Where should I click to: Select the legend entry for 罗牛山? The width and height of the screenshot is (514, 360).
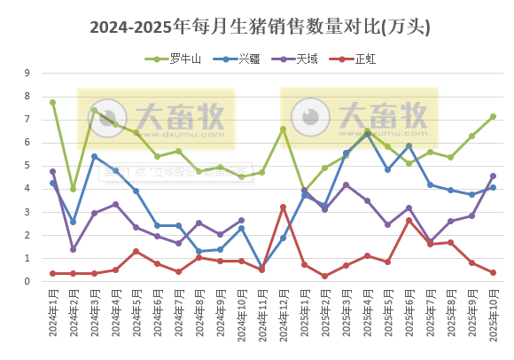pyautogui.click(x=177, y=59)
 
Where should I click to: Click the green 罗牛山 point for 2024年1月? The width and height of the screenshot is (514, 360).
pyautogui.click(x=53, y=102)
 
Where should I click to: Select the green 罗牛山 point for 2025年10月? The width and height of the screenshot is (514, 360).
pyautogui.click(x=493, y=116)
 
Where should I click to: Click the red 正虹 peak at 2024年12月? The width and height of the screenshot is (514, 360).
pyautogui.click(x=284, y=207)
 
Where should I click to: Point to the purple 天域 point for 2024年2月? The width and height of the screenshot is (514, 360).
pyautogui.click(x=74, y=249)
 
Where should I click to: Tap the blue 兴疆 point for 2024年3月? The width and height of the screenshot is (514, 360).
pyautogui.click(x=95, y=157)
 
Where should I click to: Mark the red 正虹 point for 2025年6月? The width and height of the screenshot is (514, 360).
pyautogui.click(x=409, y=220)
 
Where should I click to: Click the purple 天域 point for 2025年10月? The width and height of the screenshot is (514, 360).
pyautogui.click(x=493, y=176)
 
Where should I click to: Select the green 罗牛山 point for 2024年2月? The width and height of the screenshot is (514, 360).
pyautogui.click(x=74, y=189)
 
